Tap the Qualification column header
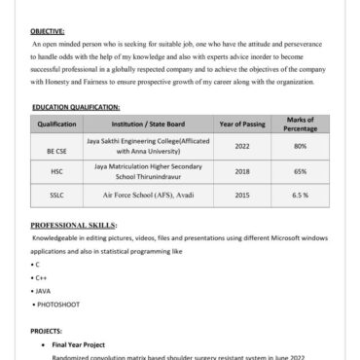[56, 125]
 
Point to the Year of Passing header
[242, 125]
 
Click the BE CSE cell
[56, 146]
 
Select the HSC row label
[56, 170]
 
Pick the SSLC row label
[56, 195]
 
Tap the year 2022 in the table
[242, 146]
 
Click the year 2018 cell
[242, 170]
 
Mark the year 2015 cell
[242, 195]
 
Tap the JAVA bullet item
[42, 291]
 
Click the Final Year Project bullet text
[80, 344]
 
